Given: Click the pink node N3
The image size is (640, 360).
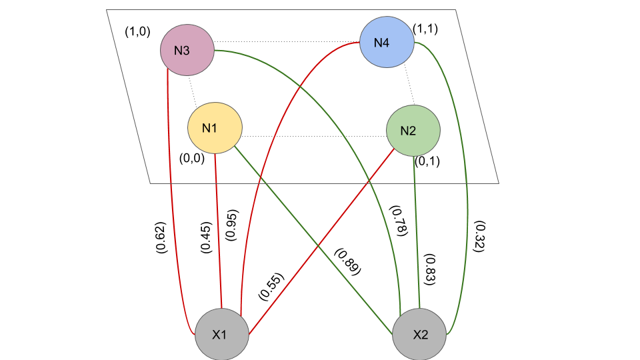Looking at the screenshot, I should tap(187, 50).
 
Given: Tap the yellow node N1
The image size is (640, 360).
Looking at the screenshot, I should tap(214, 128).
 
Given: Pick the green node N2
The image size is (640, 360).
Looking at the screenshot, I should tap(413, 130).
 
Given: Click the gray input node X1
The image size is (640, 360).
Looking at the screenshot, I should tap(221, 335).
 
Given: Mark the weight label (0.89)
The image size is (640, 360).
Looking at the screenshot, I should tap(347, 263).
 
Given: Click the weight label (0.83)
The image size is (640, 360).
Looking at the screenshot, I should tap(430, 270).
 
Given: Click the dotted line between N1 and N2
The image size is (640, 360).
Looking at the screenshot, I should tap(313, 136).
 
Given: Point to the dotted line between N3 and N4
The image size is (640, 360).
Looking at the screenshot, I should tap(287, 42).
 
